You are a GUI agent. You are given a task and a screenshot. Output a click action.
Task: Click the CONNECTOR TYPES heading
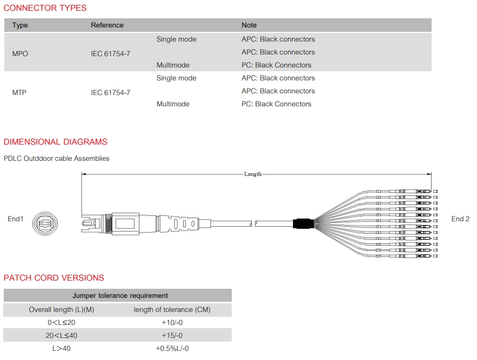45,8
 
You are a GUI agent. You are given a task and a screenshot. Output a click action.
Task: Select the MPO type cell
20,54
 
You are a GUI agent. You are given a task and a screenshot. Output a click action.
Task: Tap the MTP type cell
19,92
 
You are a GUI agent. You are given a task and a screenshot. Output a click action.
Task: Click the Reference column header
107,25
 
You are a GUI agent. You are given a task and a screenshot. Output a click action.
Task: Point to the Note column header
249,25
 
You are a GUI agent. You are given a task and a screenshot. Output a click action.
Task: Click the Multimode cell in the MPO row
173,65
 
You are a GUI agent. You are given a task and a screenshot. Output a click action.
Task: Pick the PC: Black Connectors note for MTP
277,104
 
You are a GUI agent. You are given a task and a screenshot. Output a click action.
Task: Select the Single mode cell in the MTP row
177,78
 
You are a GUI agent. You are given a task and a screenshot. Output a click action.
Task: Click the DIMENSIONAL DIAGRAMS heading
55,142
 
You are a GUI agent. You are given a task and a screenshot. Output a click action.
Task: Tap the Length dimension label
253,174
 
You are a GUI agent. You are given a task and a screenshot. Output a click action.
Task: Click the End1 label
16,219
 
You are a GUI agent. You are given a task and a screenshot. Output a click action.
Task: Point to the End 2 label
460,219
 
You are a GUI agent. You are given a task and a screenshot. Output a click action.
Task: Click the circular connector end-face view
45,224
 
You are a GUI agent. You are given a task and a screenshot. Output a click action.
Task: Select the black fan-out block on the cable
303,223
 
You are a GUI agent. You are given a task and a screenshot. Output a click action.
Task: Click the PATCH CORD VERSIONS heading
54,278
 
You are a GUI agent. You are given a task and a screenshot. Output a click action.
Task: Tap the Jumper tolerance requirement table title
120,296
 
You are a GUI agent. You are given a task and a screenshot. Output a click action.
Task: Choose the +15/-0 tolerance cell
172,336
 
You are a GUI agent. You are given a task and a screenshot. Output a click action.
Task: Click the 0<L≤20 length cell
62,323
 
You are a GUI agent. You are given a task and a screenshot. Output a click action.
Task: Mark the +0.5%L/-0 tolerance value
172,349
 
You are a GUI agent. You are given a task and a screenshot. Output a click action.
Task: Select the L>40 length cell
62,349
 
